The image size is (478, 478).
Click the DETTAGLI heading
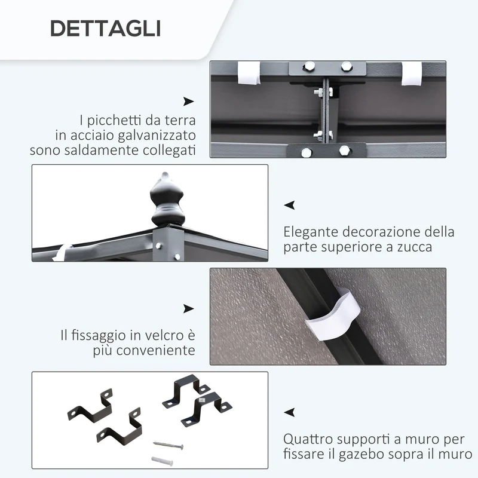pyautogui.click(x=106, y=29)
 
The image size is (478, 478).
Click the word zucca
pyautogui.click(x=414, y=247)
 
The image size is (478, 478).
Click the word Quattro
pyautogui.click(x=308, y=439)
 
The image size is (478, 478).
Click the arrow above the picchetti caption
pyautogui.click(x=188, y=101)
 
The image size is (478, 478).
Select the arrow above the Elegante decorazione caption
pyautogui.click(x=289, y=205)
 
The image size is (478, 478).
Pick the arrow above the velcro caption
pyautogui.click(x=188, y=308)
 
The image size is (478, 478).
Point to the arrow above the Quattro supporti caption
pyautogui.click(x=289, y=412)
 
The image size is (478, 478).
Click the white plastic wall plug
pyautogui.click(x=162, y=460)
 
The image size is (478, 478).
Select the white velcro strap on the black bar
pyautogui.click(x=333, y=315)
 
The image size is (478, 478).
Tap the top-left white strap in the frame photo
pyautogui.click(x=249, y=73)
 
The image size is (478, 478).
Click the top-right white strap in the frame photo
pyautogui.click(x=412, y=73)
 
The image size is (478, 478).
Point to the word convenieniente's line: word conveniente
pyautogui.click(x=155, y=350)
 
